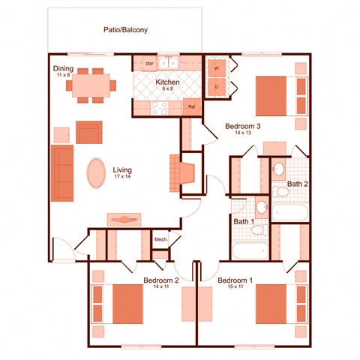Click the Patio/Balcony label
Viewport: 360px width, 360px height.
click(125, 31)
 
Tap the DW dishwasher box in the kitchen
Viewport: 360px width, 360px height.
click(149, 64)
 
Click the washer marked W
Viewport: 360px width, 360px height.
click(217, 68)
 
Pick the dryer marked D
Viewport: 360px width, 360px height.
click(217, 87)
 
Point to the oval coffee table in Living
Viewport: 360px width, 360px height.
click(97, 173)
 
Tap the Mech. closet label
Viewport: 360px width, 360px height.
click(160, 240)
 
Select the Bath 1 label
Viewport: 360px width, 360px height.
click(243, 222)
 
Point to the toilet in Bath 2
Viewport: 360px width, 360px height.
click(282, 193)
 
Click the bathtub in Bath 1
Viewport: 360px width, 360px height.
click(249, 250)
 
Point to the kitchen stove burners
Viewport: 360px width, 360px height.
click(159, 107)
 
